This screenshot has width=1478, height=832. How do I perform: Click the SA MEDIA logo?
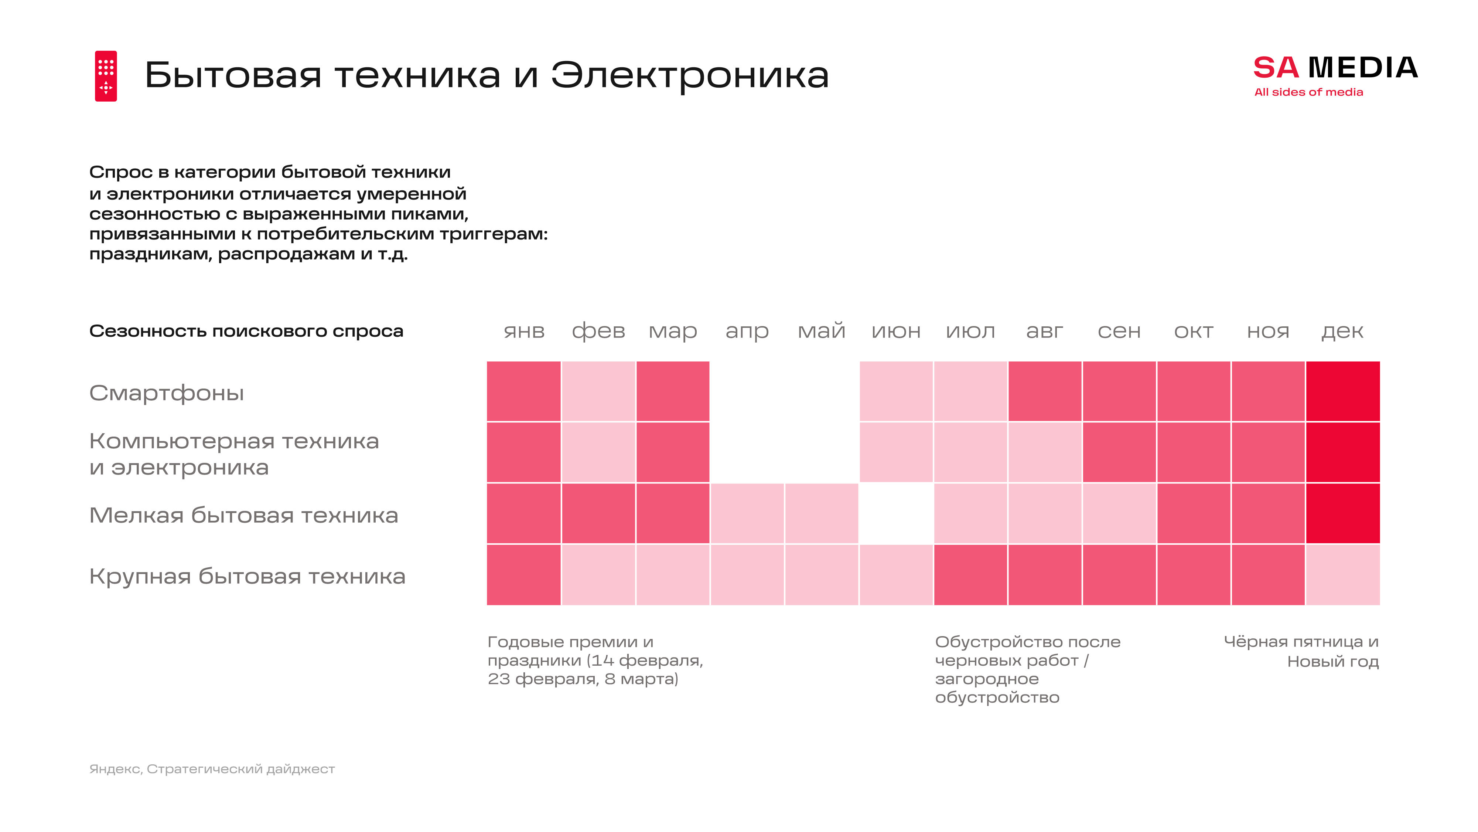coord(1335,68)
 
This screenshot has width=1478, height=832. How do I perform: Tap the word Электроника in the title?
coord(690,75)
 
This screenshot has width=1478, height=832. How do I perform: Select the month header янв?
coord(524,331)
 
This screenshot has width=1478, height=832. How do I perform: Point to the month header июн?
coord(896,331)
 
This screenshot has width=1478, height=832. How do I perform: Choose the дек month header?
coord(1342,331)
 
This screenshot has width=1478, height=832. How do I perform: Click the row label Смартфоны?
coord(166,393)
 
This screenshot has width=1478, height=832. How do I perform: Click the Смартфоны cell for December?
coord(1342,391)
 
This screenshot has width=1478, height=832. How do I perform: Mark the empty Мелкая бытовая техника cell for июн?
coord(896,513)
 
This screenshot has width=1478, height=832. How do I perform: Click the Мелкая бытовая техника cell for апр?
coord(747,513)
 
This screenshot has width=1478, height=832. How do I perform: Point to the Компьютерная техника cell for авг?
coord(1045,452)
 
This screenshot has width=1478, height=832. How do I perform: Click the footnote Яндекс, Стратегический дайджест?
coord(212,769)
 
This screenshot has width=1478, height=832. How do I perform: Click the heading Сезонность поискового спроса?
coord(246,331)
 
